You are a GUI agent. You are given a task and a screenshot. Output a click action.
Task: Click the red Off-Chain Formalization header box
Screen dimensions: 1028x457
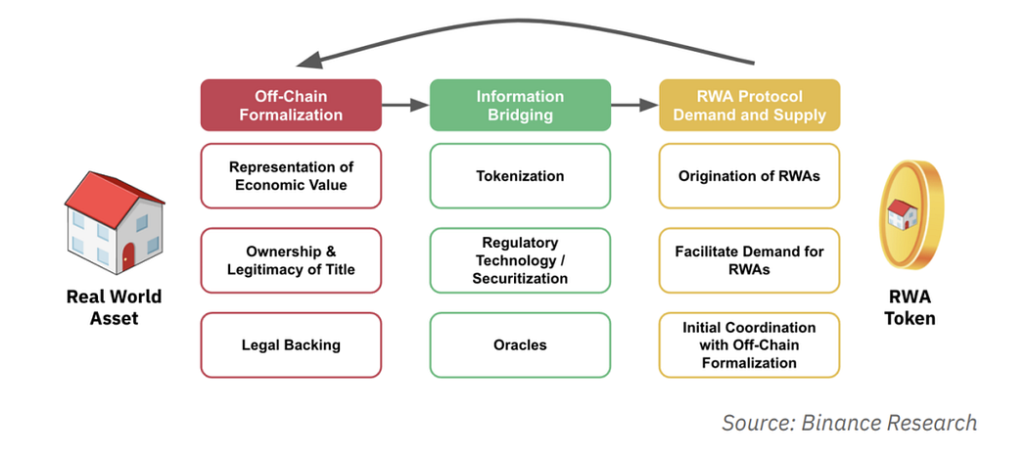coord(291,105)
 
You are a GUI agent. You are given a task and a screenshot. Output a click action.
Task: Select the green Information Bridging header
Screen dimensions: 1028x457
coord(520,105)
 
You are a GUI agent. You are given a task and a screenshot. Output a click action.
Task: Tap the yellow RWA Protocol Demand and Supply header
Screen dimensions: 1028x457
coord(749,105)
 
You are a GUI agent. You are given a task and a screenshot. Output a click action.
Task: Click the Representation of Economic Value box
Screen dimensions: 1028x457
coord(291,176)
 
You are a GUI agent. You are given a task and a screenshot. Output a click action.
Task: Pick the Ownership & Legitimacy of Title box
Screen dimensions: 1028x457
coord(291,260)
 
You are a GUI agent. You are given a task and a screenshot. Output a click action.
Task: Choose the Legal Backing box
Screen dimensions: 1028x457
coord(291,344)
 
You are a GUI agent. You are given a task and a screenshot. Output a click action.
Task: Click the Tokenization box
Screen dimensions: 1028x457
coord(520,176)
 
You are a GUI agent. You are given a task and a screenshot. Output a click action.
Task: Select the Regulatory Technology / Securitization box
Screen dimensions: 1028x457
coord(520,260)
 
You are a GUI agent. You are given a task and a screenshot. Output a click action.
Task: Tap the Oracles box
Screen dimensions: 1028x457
coord(520,344)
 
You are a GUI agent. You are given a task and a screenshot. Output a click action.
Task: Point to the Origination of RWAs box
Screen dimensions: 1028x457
coord(749,176)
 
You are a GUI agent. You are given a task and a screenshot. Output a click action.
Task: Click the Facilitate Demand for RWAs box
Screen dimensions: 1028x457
coord(749,260)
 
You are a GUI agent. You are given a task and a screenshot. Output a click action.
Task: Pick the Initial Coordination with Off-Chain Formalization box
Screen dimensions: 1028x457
coord(749,344)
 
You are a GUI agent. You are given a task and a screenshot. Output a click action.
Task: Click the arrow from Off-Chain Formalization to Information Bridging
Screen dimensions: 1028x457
coord(405,105)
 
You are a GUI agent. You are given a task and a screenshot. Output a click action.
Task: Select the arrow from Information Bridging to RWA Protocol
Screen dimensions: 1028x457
coord(634,105)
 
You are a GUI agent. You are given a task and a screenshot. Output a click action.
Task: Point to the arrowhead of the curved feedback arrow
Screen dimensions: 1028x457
coord(309,60)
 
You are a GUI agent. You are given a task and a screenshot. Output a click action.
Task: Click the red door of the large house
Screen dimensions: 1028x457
coord(128,256)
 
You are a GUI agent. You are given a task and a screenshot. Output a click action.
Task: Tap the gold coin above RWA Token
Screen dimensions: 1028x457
coord(910,215)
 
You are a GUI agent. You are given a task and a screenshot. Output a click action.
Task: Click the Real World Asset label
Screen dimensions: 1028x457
coord(115,307)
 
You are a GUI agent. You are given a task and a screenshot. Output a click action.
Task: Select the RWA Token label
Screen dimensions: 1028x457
coord(910,307)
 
